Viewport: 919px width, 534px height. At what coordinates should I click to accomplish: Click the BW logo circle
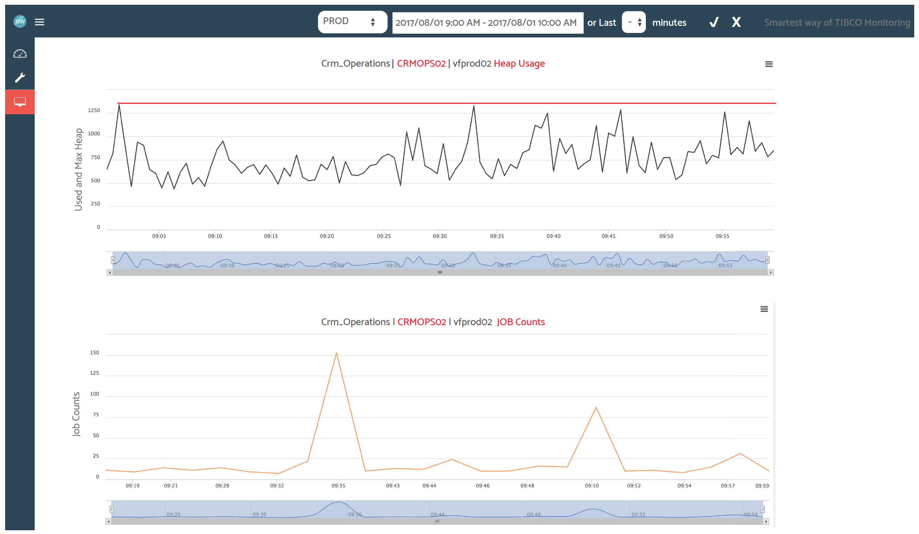(20, 21)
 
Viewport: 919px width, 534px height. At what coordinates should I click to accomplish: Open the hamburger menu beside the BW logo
(39, 22)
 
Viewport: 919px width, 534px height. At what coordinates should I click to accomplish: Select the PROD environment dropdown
(352, 22)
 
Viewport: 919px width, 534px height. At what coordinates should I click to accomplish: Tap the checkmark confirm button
(714, 22)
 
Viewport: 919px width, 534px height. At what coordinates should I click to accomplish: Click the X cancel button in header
(736, 22)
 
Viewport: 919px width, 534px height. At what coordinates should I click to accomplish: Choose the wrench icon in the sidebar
(20, 77)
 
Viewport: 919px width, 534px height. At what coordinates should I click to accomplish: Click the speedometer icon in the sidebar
(20, 54)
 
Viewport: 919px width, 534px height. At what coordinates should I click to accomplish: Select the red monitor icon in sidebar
(20, 102)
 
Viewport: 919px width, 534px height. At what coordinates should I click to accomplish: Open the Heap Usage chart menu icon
(768, 64)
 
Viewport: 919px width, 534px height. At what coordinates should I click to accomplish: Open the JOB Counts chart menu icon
(764, 309)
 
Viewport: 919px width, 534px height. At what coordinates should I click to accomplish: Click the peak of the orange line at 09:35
(336, 353)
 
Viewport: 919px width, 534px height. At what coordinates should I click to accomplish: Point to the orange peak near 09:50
(596, 407)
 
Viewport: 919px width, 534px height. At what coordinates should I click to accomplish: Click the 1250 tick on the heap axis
(94, 111)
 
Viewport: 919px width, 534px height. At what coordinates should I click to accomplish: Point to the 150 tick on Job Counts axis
(95, 353)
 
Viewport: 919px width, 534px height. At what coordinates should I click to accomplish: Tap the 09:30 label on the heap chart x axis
(439, 236)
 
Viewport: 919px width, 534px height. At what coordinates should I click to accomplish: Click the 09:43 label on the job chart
(392, 486)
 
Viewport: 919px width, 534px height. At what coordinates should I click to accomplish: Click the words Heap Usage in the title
(519, 64)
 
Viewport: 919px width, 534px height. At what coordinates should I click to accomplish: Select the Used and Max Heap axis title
(79, 170)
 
